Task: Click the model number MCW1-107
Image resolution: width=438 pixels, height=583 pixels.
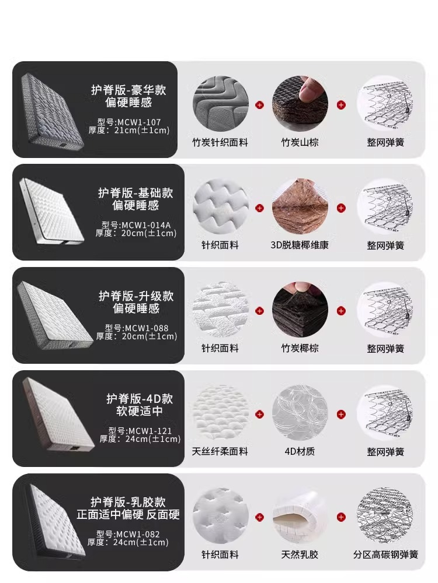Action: click(x=139, y=122)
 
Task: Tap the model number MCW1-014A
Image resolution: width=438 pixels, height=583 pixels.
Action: click(x=146, y=225)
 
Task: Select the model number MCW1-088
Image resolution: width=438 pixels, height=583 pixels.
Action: click(x=147, y=328)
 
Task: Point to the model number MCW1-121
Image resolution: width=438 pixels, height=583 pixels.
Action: click(x=150, y=431)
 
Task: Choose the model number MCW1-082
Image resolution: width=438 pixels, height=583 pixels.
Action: click(x=138, y=534)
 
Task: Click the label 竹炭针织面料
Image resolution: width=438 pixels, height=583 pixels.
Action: click(x=220, y=142)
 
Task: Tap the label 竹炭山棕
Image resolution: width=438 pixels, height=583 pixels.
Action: click(x=300, y=142)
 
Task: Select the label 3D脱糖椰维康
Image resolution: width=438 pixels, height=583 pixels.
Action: click(x=300, y=245)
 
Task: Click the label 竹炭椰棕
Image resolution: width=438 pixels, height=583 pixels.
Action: click(x=300, y=348)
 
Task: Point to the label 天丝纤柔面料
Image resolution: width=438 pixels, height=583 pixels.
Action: click(x=220, y=451)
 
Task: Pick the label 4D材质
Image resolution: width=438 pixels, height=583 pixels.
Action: click(x=300, y=451)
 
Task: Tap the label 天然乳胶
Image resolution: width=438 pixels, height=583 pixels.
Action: click(x=300, y=554)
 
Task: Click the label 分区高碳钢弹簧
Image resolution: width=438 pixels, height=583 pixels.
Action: click(x=385, y=554)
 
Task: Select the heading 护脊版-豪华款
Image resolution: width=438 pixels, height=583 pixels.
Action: click(x=128, y=90)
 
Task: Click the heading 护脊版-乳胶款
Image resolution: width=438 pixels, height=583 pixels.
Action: click(x=128, y=502)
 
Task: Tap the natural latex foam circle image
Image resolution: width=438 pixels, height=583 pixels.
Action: click(x=300, y=516)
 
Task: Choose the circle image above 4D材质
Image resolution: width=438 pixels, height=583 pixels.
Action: click(x=300, y=413)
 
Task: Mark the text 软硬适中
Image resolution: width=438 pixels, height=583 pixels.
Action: click(x=140, y=411)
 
